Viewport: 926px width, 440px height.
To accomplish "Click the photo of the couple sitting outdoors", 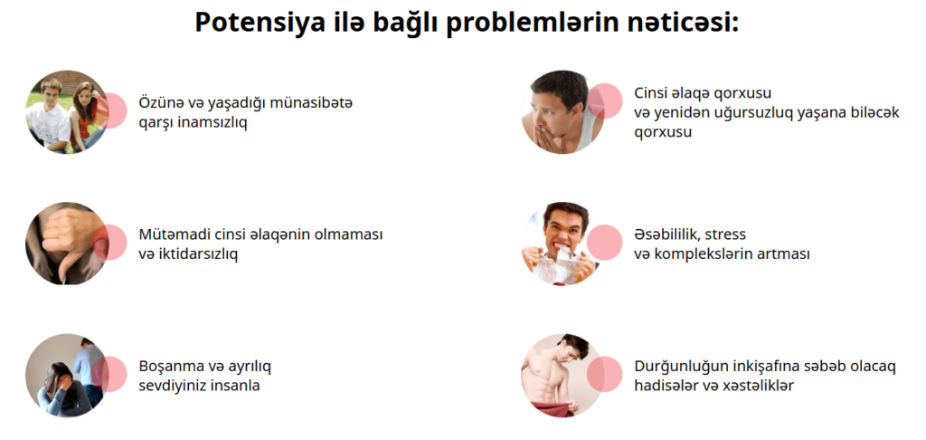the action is [x=67, y=111].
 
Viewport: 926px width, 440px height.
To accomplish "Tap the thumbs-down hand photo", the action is [x=67, y=243].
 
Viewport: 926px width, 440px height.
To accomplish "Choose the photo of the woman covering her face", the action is [x=67, y=375].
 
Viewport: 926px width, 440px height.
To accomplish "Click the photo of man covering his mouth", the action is [x=562, y=111].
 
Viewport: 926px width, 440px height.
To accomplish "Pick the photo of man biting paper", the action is [x=562, y=243].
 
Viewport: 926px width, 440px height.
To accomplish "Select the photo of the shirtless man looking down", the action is [x=562, y=375].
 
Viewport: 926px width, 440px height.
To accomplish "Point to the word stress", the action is [x=726, y=234].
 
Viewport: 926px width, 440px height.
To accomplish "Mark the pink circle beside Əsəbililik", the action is [x=604, y=243].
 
